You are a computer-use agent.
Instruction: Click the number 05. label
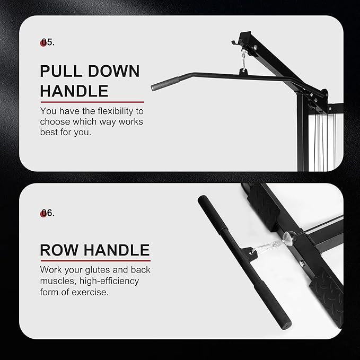(x=48, y=42)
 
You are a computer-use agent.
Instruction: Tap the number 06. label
(x=48, y=213)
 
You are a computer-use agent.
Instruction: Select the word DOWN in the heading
(x=114, y=72)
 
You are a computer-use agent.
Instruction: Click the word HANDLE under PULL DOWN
(x=74, y=91)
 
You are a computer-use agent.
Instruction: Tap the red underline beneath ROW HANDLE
(x=95, y=260)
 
